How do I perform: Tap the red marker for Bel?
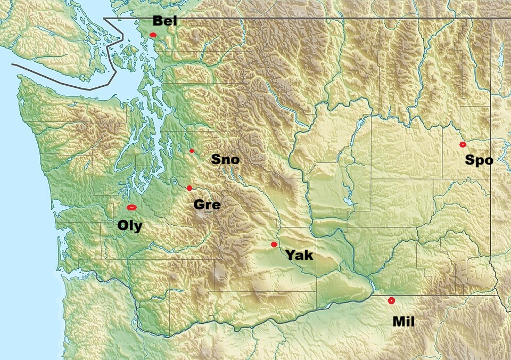153,35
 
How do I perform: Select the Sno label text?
225,159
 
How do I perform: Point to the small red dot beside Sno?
192,151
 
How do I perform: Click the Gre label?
207,204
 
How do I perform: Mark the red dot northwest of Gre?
189,188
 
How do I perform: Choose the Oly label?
130,226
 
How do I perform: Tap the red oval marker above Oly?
131,207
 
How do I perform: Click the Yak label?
300,255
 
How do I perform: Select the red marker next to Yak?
274,244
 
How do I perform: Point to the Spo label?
479,160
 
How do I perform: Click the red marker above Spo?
463,144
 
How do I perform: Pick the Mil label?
403,321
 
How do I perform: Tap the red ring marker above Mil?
391,300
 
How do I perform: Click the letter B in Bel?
158,21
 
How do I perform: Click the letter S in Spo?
470,160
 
